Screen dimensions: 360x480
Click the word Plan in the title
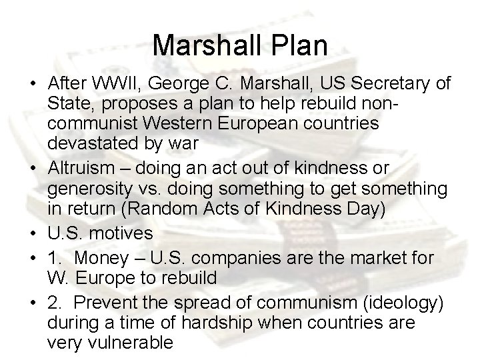point(296,45)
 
